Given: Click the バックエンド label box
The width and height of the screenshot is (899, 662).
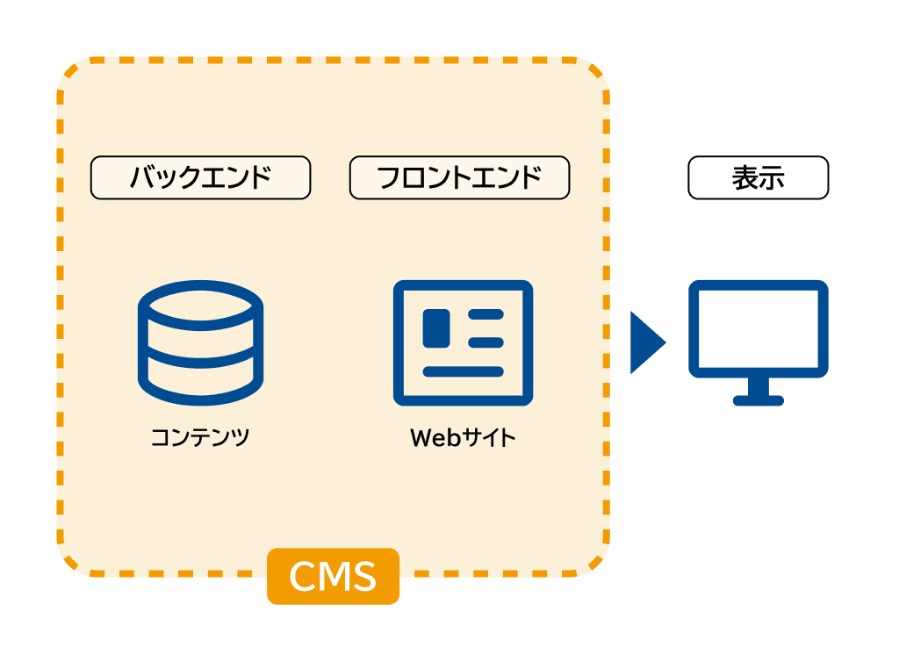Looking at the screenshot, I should (200, 178).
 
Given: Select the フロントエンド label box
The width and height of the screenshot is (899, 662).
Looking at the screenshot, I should (459, 178).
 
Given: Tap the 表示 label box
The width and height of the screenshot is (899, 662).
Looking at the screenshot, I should (758, 178).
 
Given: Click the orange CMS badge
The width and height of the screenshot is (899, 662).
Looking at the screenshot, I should (333, 577).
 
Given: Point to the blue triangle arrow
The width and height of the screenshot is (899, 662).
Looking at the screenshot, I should (646, 342).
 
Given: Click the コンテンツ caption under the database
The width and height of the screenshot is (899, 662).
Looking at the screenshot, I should (200, 436).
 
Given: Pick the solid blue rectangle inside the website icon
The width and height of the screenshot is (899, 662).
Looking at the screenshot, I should (436, 327).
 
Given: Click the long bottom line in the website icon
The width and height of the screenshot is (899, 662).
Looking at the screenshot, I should (463, 371).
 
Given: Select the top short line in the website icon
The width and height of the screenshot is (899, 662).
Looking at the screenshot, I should (485, 314).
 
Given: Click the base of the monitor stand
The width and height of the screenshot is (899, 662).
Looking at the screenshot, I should (758, 400).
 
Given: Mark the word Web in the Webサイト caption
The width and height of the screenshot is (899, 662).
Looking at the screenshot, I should (435, 436).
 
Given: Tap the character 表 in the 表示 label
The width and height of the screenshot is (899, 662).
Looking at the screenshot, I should (744, 178).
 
